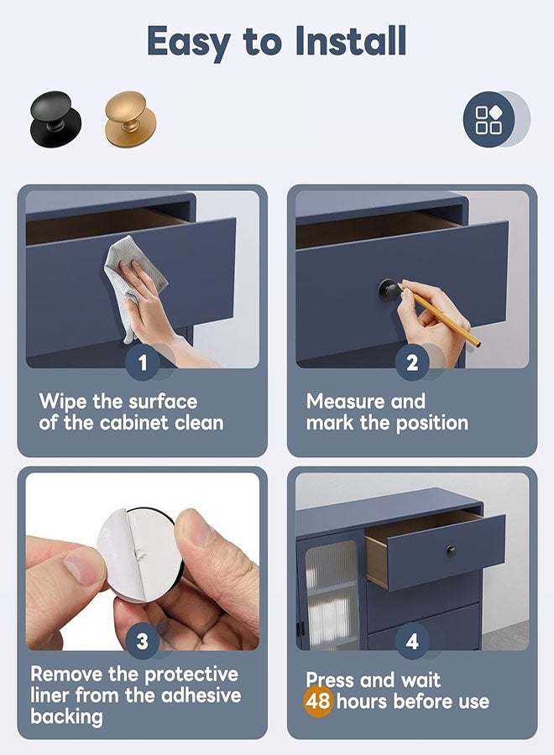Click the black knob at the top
point(55,118)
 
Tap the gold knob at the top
point(130,119)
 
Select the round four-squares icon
point(489,119)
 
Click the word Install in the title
point(351,41)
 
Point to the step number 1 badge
point(143,362)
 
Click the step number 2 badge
point(412,362)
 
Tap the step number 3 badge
point(143,642)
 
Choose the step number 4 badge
point(412,642)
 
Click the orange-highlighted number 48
point(318,701)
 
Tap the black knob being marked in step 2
point(389,290)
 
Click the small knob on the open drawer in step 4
point(451,551)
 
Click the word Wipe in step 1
point(64,401)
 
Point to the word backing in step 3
point(66,716)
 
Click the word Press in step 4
point(331,679)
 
